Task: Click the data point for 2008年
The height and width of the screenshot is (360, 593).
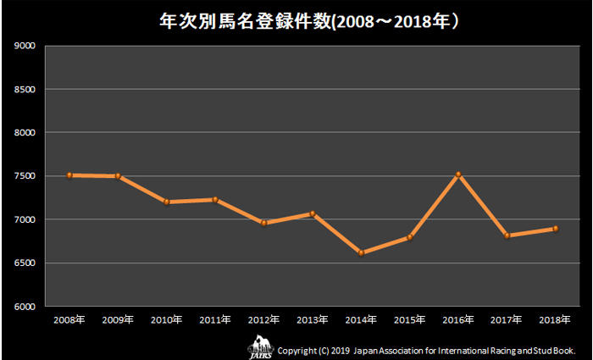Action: point(69,175)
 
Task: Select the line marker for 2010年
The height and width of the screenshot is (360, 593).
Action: point(167,202)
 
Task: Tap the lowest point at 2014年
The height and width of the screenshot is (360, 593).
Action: point(363,252)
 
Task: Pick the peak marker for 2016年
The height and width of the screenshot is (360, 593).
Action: point(459,174)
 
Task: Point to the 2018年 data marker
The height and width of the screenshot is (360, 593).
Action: point(556,228)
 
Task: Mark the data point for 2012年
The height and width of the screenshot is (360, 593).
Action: point(264,223)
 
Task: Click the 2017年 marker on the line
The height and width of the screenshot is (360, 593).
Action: point(507,235)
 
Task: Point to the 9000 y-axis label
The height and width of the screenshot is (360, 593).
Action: point(25,46)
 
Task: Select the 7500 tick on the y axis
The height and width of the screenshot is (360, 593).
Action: point(25,176)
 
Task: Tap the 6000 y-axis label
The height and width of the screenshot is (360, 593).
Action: point(25,307)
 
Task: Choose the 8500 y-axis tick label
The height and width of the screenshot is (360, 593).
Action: point(25,89)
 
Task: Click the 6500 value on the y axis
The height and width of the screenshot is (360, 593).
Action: point(25,263)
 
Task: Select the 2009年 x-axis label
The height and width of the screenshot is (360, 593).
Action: point(117,320)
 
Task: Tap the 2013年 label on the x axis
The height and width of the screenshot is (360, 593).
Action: point(313,320)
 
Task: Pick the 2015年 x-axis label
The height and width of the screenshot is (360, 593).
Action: point(410,320)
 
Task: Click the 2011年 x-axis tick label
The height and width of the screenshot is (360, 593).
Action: point(215,320)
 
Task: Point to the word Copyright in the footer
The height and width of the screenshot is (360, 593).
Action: point(299,349)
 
